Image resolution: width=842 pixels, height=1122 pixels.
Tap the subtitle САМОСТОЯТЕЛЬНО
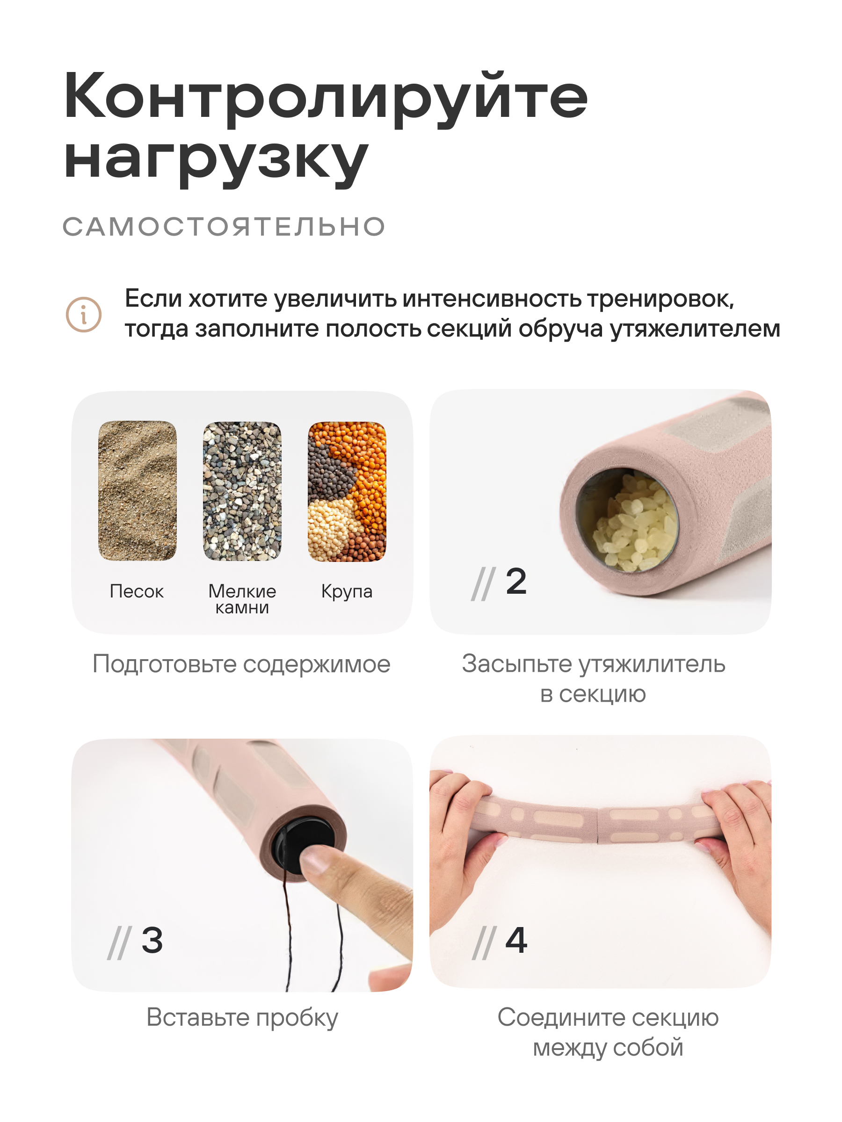click(x=224, y=226)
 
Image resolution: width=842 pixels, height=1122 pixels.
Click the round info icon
click(x=84, y=315)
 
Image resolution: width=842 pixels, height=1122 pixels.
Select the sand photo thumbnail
click(x=138, y=490)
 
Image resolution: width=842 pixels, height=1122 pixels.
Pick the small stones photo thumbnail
click(x=242, y=490)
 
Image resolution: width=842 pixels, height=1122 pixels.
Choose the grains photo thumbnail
click(x=347, y=490)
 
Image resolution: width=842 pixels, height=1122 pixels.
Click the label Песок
click(x=137, y=591)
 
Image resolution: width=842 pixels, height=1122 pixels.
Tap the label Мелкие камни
click(x=242, y=599)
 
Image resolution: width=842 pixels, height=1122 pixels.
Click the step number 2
click(x=516, y=581)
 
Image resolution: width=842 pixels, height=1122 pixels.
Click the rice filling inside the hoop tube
click(x=632, y=523)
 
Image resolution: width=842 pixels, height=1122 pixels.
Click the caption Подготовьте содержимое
click(x=241, y=664)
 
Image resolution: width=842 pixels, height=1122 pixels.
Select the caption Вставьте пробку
click(x=242, y=1018)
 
